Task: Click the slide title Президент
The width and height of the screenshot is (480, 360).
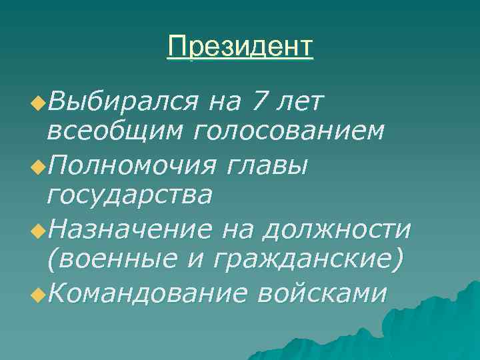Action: pyautogui.click(x=240, y=47)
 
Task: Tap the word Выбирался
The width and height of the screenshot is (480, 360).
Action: pyautogui.click(x=123, y=102)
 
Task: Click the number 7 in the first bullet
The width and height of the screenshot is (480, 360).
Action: pyautogui.click(x=255, y=102)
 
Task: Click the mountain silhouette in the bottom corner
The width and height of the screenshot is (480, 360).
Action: pyautogui.click(x=427, y=327)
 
